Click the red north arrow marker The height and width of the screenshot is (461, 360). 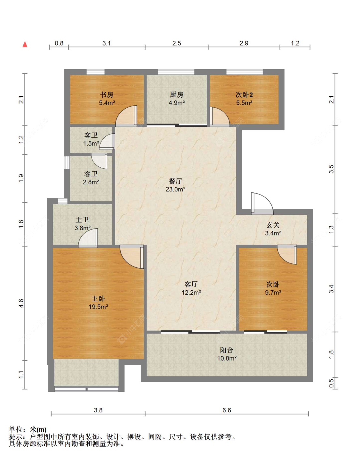[25, 44]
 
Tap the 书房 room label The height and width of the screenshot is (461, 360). [107, 94]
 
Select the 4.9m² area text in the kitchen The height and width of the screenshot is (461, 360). [177, 103]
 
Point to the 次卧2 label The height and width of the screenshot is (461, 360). [244, 95]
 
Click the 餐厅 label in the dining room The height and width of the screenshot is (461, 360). [175, 181]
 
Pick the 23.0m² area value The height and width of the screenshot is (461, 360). [175, 189]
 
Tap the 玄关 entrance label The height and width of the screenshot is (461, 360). [273, 225]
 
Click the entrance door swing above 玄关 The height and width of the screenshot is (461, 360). [262, 203]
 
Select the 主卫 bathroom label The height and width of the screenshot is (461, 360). [82, 220]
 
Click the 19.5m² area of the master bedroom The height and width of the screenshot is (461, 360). [98, 307]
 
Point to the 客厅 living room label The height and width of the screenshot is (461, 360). [191, 284]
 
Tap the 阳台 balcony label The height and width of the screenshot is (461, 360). [227, 350]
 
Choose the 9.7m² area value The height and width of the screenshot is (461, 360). [273, 293]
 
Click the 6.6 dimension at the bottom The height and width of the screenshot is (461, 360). [227, 410]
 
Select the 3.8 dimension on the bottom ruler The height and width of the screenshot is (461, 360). [98, 410]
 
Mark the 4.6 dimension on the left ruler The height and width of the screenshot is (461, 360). [21, 303]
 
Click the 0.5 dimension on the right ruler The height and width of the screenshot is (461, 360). [331, 383]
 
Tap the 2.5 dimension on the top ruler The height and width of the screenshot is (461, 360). [177, 43]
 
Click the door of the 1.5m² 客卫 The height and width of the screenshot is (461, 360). [107, 142]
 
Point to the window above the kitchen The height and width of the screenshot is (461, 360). [176, 72]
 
